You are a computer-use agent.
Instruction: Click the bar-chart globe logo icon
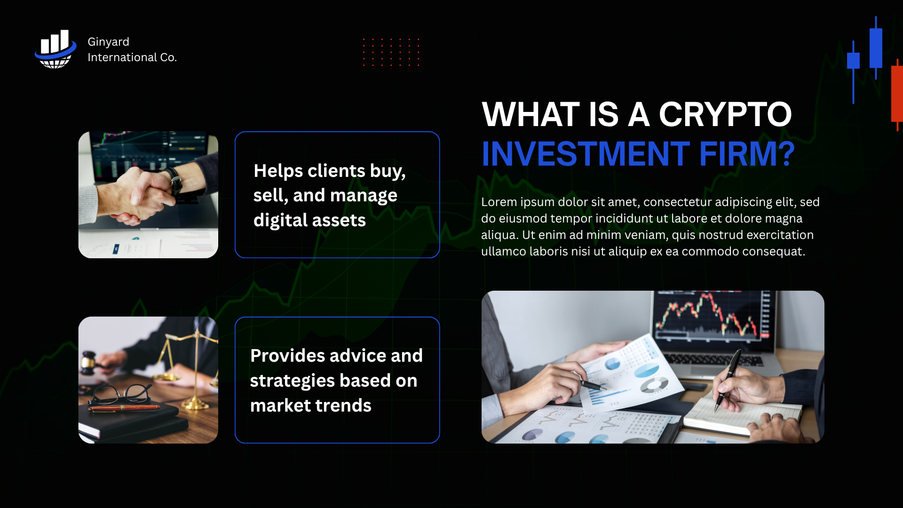(x=55, y=49)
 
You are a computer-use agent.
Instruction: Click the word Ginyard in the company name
(x=108, y=42)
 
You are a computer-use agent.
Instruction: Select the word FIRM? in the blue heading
(x=747, y=154)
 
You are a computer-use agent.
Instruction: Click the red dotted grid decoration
(x=391, y=52)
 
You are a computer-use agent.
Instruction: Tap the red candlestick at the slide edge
(x=897, y=94)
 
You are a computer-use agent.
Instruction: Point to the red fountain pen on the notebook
(x=125, y=408)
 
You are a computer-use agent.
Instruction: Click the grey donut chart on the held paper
(x=654, y=385)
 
